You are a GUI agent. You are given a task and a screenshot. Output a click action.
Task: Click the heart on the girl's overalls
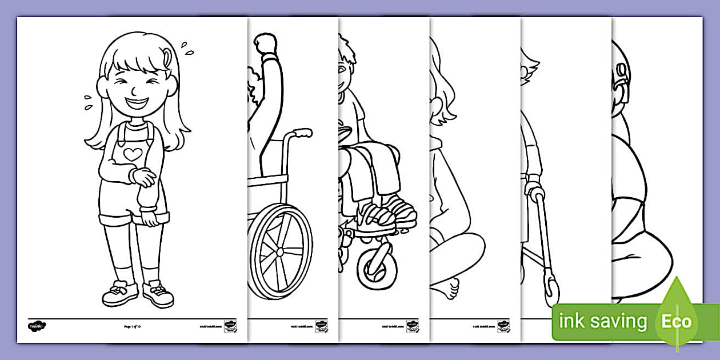[x=132, y=154]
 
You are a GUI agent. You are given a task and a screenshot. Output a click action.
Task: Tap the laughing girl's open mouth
[x=137, y=105]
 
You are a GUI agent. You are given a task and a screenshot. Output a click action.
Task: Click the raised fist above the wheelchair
[x=266, y=43]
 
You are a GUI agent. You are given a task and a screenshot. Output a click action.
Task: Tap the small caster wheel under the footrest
[x=375, y=268]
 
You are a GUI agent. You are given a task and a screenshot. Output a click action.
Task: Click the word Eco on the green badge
[x=677, y=321]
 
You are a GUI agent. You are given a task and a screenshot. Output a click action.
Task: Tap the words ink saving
[x=603, y=322]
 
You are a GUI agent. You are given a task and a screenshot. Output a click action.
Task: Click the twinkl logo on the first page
[x=37, y=326]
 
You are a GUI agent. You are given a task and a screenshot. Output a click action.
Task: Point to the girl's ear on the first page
[x=102, y=89]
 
